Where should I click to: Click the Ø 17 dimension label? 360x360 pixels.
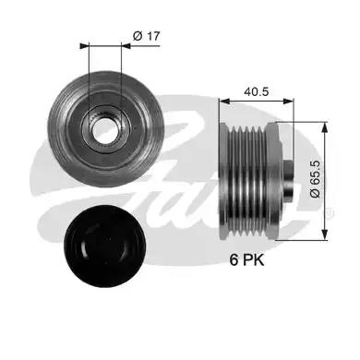(x=147, y=36)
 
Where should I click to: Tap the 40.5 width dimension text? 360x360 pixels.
(x=257, y=91)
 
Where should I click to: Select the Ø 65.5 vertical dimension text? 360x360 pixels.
(x=316, y=179)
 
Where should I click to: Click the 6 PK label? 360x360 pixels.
(x=246, y=260)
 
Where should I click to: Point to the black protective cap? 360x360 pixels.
(x=104, y=246)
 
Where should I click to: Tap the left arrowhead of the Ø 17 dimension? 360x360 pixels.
(x=84, y=46)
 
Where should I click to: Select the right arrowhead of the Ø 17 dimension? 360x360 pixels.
(x=126, y=46)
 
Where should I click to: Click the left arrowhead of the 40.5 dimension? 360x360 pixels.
(x=225, y=101)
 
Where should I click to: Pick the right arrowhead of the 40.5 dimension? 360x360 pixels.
(x=288, y=101)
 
